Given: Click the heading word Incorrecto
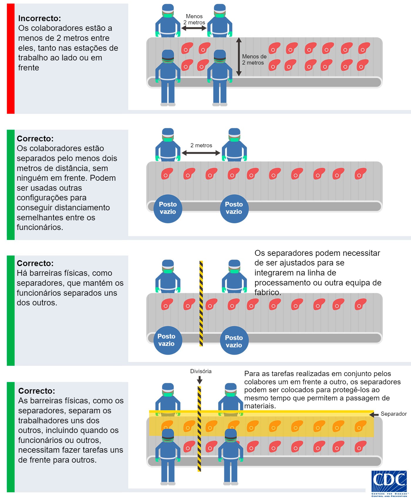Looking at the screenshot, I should [x=39, y=18].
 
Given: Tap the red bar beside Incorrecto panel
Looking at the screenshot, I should [x=11, y=59].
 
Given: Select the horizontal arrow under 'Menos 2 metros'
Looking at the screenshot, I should [x=194, y=28].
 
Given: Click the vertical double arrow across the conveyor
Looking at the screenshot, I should [x=239, y=57].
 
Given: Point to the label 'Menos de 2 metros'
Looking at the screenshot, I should [x=254, y=60].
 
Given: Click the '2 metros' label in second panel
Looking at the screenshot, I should [x=201, y=145].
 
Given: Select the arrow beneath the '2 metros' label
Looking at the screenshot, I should [x=201, y=153].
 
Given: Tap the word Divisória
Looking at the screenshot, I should [x=201, y=371].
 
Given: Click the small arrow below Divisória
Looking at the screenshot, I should [x=200, y=380].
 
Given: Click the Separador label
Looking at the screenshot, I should [x=393, y=414].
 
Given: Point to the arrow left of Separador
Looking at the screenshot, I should [x=374, y=415].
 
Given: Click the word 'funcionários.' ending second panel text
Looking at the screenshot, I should [x=40, y=227].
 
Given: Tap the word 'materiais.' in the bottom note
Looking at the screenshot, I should [x=260, y=406].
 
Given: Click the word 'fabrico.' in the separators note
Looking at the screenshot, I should [x=267, y=292].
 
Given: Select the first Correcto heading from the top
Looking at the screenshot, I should [x=35, y=138].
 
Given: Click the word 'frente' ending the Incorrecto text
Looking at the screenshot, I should [x=28, y=68].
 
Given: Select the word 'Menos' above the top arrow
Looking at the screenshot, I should [x=194, y=16].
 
